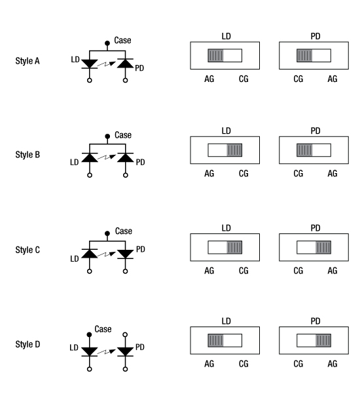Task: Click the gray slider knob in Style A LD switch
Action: (x=215, y=55)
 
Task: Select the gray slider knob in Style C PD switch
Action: (x=323, y=247)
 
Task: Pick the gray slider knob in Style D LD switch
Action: (x=215, y=342)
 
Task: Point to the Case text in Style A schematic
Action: (x=123, y=40)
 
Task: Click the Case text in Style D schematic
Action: (x=103, y=328)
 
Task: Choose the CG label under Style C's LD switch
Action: (x=244, y=269)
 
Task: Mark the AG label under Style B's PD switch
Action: (x=333, y=173)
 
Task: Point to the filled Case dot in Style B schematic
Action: (x=108, y=138)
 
